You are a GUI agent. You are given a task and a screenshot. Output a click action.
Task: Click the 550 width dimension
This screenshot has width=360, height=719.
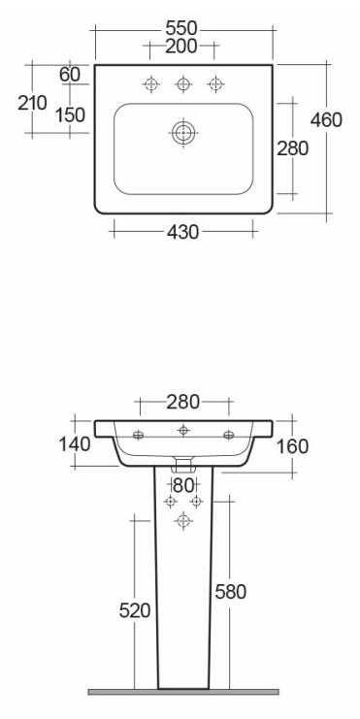[181, 29]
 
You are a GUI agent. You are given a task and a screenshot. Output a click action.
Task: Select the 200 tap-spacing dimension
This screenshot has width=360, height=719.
[181, 47]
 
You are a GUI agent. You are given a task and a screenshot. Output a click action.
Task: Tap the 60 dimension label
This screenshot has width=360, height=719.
[70, 75]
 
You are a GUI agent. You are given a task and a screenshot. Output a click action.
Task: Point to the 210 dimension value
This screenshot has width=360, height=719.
[32, 103]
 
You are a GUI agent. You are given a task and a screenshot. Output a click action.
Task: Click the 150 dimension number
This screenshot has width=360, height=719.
[70, 114]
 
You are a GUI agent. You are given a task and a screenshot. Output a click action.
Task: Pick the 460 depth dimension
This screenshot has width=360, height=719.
[326, 120]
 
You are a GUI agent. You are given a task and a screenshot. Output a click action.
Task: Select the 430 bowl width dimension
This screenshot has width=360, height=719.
[183, 232]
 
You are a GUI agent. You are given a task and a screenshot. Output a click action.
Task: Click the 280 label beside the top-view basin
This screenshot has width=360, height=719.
[293, 148]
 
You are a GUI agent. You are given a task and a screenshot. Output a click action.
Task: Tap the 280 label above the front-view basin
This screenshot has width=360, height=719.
[183, 402]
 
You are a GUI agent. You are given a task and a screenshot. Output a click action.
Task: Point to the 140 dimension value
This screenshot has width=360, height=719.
[75, 443]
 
